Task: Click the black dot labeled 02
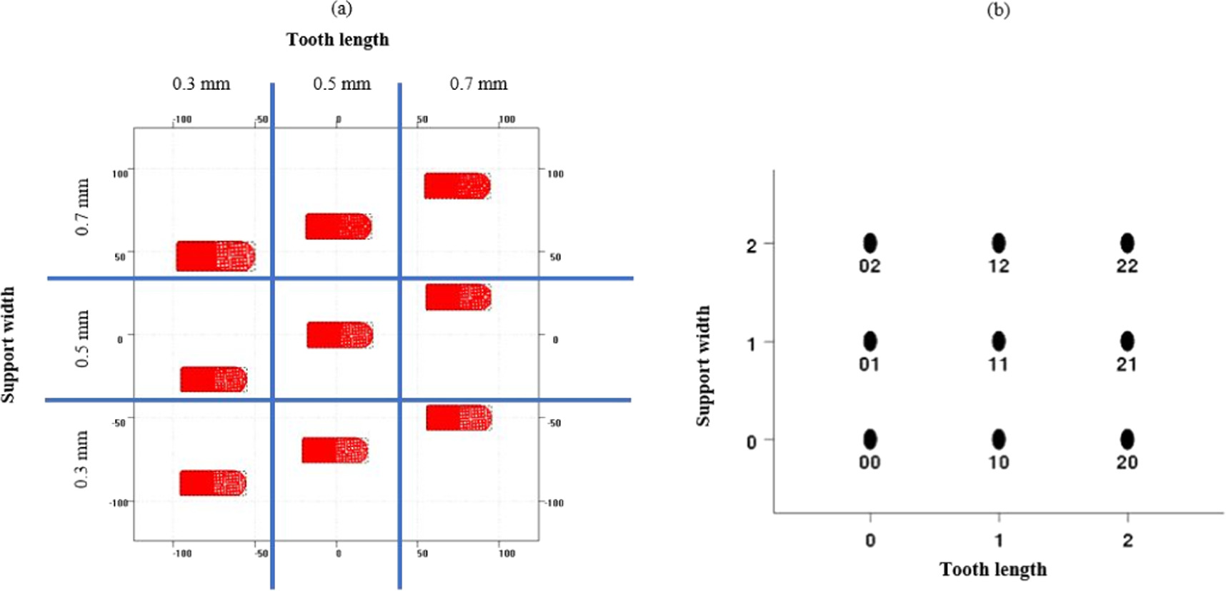[x=869, y=243]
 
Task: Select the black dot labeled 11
[x=998, y=341]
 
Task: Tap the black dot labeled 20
[x=1127, y=439]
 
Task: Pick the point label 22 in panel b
[x=1127, y=266]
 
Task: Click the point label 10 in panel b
[x=998, y=463]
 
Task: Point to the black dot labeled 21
[x=1127, y=341]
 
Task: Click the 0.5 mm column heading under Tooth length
[x=342, y=84]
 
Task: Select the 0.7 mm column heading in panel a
[x=478, y=84]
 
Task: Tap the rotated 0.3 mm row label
[x=82, y=460]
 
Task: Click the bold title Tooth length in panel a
[x=337, y=40]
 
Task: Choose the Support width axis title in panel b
[x=704, y=366]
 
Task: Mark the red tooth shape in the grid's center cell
[x=339, y=335]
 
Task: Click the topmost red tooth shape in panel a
[x=457, y=186]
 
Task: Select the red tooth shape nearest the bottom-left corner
[x=212, y=483]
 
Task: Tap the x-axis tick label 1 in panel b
[x=998, y=540]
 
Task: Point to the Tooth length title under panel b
[x=992, y=570]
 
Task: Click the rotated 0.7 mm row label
[x=82, y=208]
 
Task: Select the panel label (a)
[x=342, y=9]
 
